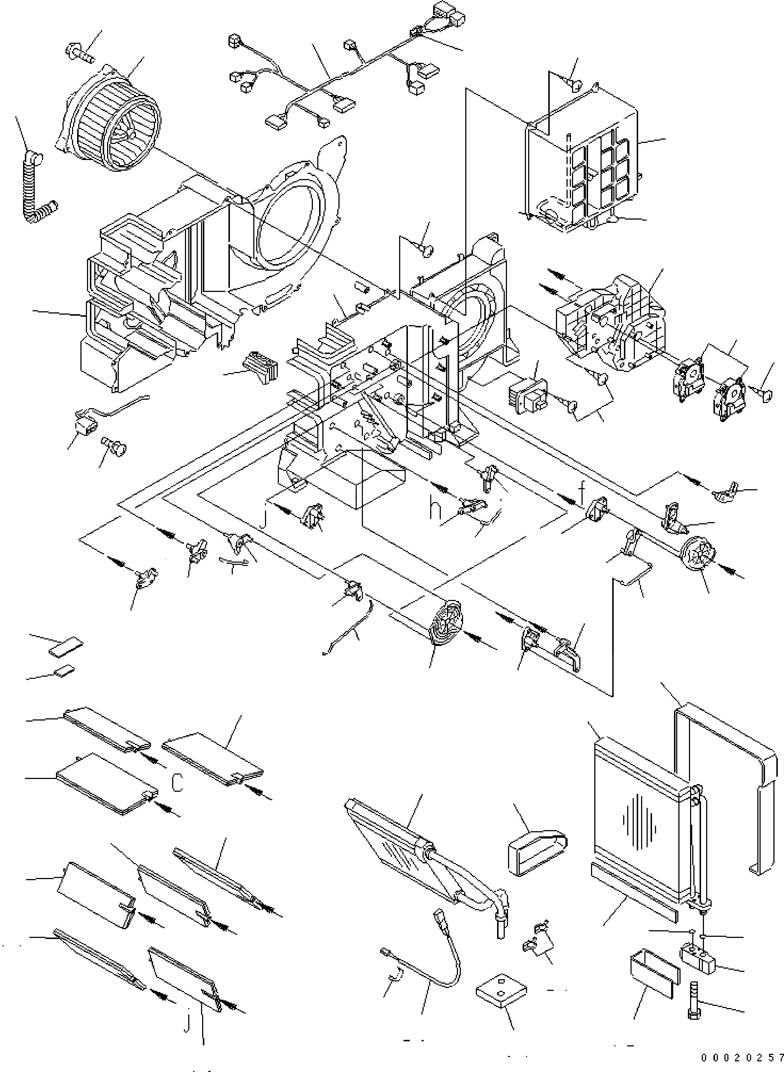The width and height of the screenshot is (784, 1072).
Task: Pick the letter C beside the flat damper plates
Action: pos(177,783)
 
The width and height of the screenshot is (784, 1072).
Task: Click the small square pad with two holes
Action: pos(501,992)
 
